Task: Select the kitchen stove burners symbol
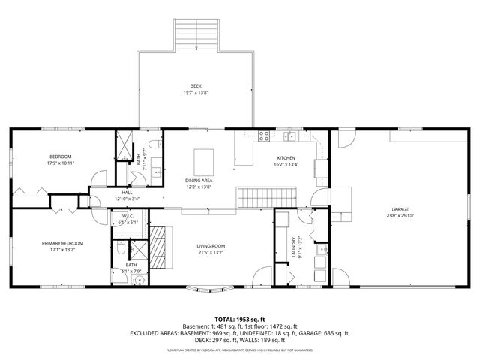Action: point(264,136)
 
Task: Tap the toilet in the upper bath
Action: point(153,144)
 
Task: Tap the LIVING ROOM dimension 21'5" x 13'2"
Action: point(211,252)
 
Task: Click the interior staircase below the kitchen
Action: point(253,198)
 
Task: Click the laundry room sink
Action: point(320,250)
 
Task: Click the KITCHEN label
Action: point(286,159)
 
